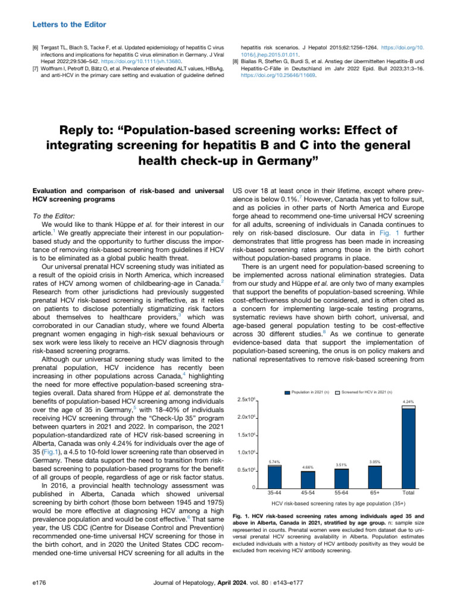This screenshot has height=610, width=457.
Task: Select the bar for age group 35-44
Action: pyautogui.click(x=274, y=477)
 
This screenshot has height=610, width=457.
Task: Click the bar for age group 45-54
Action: pyautogui.click(x=308, y=480)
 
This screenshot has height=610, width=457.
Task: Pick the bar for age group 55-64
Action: pyautogui.click(x=342, y=478)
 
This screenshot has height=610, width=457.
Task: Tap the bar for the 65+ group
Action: pyautogui.click(x=375, y=477)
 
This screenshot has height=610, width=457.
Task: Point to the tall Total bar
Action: pyautogui.click(x=408, y=447)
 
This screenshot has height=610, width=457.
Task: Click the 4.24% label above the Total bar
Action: pyautogui.click(x=408, y=402)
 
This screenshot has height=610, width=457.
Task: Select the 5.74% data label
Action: pyautogui.click(x=274, y=462)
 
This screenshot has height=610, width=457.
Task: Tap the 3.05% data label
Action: pyautogui.click(x=375, y=462)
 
